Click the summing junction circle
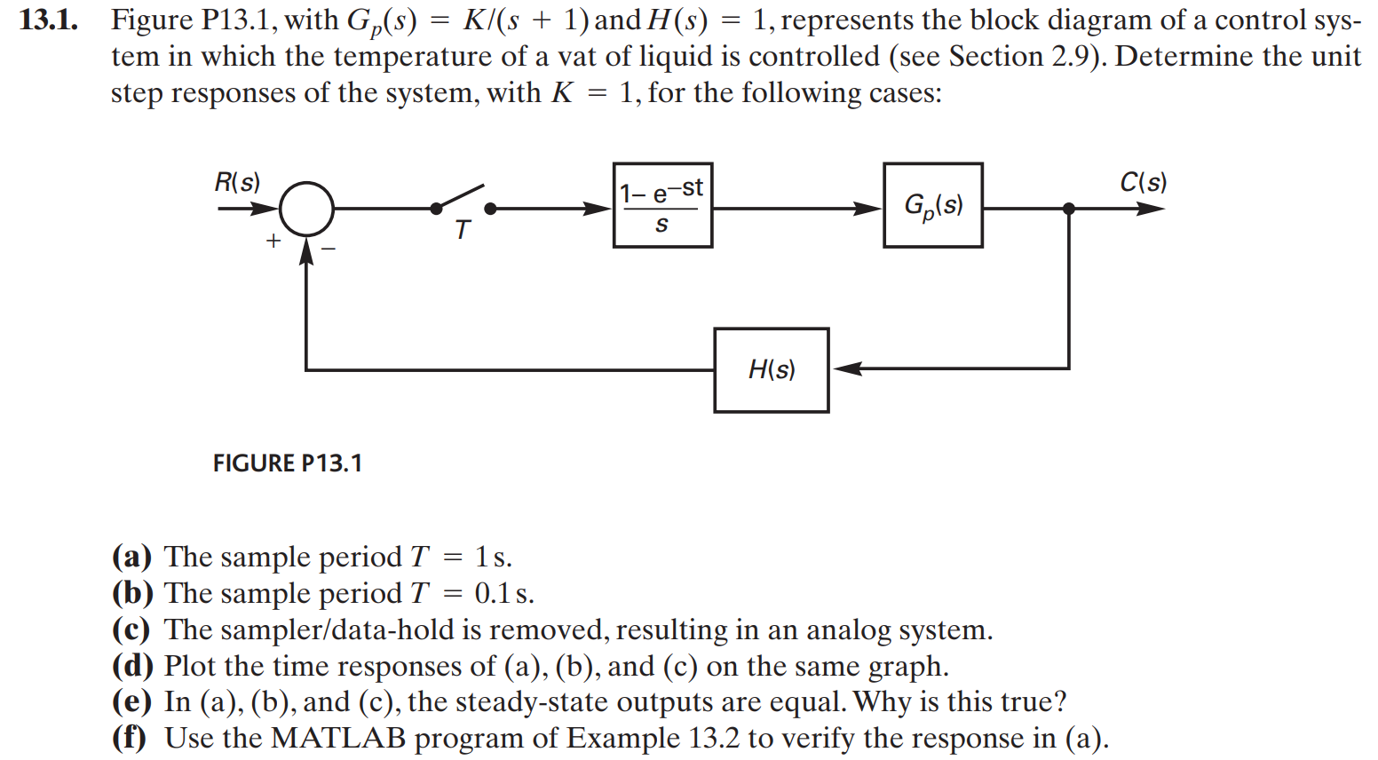[x=306, y=209]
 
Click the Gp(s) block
[x=932, y=205]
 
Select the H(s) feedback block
[x=771, y=370]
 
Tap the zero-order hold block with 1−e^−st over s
[x=662, y=205]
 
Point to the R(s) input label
[x=237, y=182]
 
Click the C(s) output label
[x=1143, y=182]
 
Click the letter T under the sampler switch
[x=462, y=231]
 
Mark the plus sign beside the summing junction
[x=273, y=241]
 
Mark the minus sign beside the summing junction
[x=329, y=249]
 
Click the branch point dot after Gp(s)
[x=1068, y=209]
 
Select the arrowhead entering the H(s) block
[x=845, y=368]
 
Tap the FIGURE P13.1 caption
[x=287, y=463]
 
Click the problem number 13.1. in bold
[x=48, y=20]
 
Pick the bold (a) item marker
[x=131, y=557]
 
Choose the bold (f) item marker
[x=130, y=738]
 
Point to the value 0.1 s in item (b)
[x=503, y=593]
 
